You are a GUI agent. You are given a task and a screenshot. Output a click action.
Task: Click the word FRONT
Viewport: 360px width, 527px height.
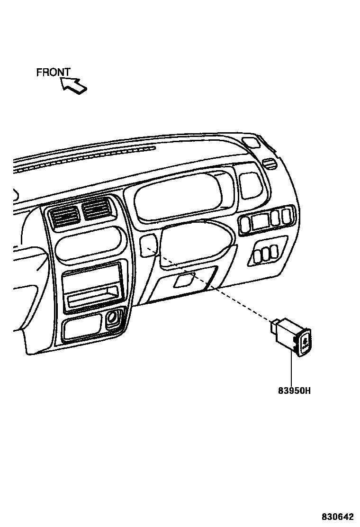[x=54, y=73]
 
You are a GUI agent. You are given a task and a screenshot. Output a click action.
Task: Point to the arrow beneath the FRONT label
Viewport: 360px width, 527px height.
[x=74, y=85]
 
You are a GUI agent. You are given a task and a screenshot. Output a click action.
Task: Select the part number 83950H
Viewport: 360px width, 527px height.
[x=294, y=391]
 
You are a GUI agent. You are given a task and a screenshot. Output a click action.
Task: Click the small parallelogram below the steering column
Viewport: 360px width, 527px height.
[x=183, y=280]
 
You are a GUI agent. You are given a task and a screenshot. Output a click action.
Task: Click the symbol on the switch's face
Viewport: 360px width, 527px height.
[x=305, y=341]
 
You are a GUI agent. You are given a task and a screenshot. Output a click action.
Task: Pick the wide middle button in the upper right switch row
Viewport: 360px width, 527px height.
[x=260, y=221]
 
